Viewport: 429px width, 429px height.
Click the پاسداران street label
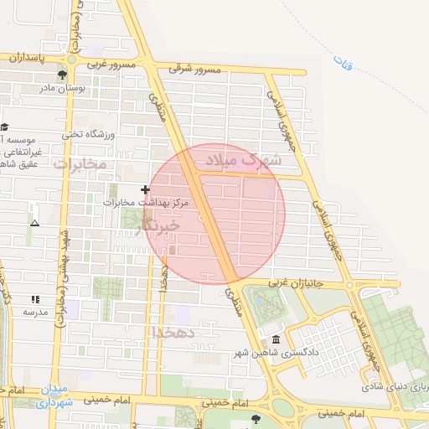32,57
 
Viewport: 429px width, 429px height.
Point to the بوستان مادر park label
58,86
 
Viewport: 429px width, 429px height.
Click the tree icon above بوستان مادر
63,75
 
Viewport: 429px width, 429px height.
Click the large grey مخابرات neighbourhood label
80,163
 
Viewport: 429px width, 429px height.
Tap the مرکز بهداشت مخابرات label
147,202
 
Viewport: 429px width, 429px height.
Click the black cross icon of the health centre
146,190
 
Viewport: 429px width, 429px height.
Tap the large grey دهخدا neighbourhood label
174,332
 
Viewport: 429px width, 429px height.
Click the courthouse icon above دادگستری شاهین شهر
277,339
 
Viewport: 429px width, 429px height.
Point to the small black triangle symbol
34,223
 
